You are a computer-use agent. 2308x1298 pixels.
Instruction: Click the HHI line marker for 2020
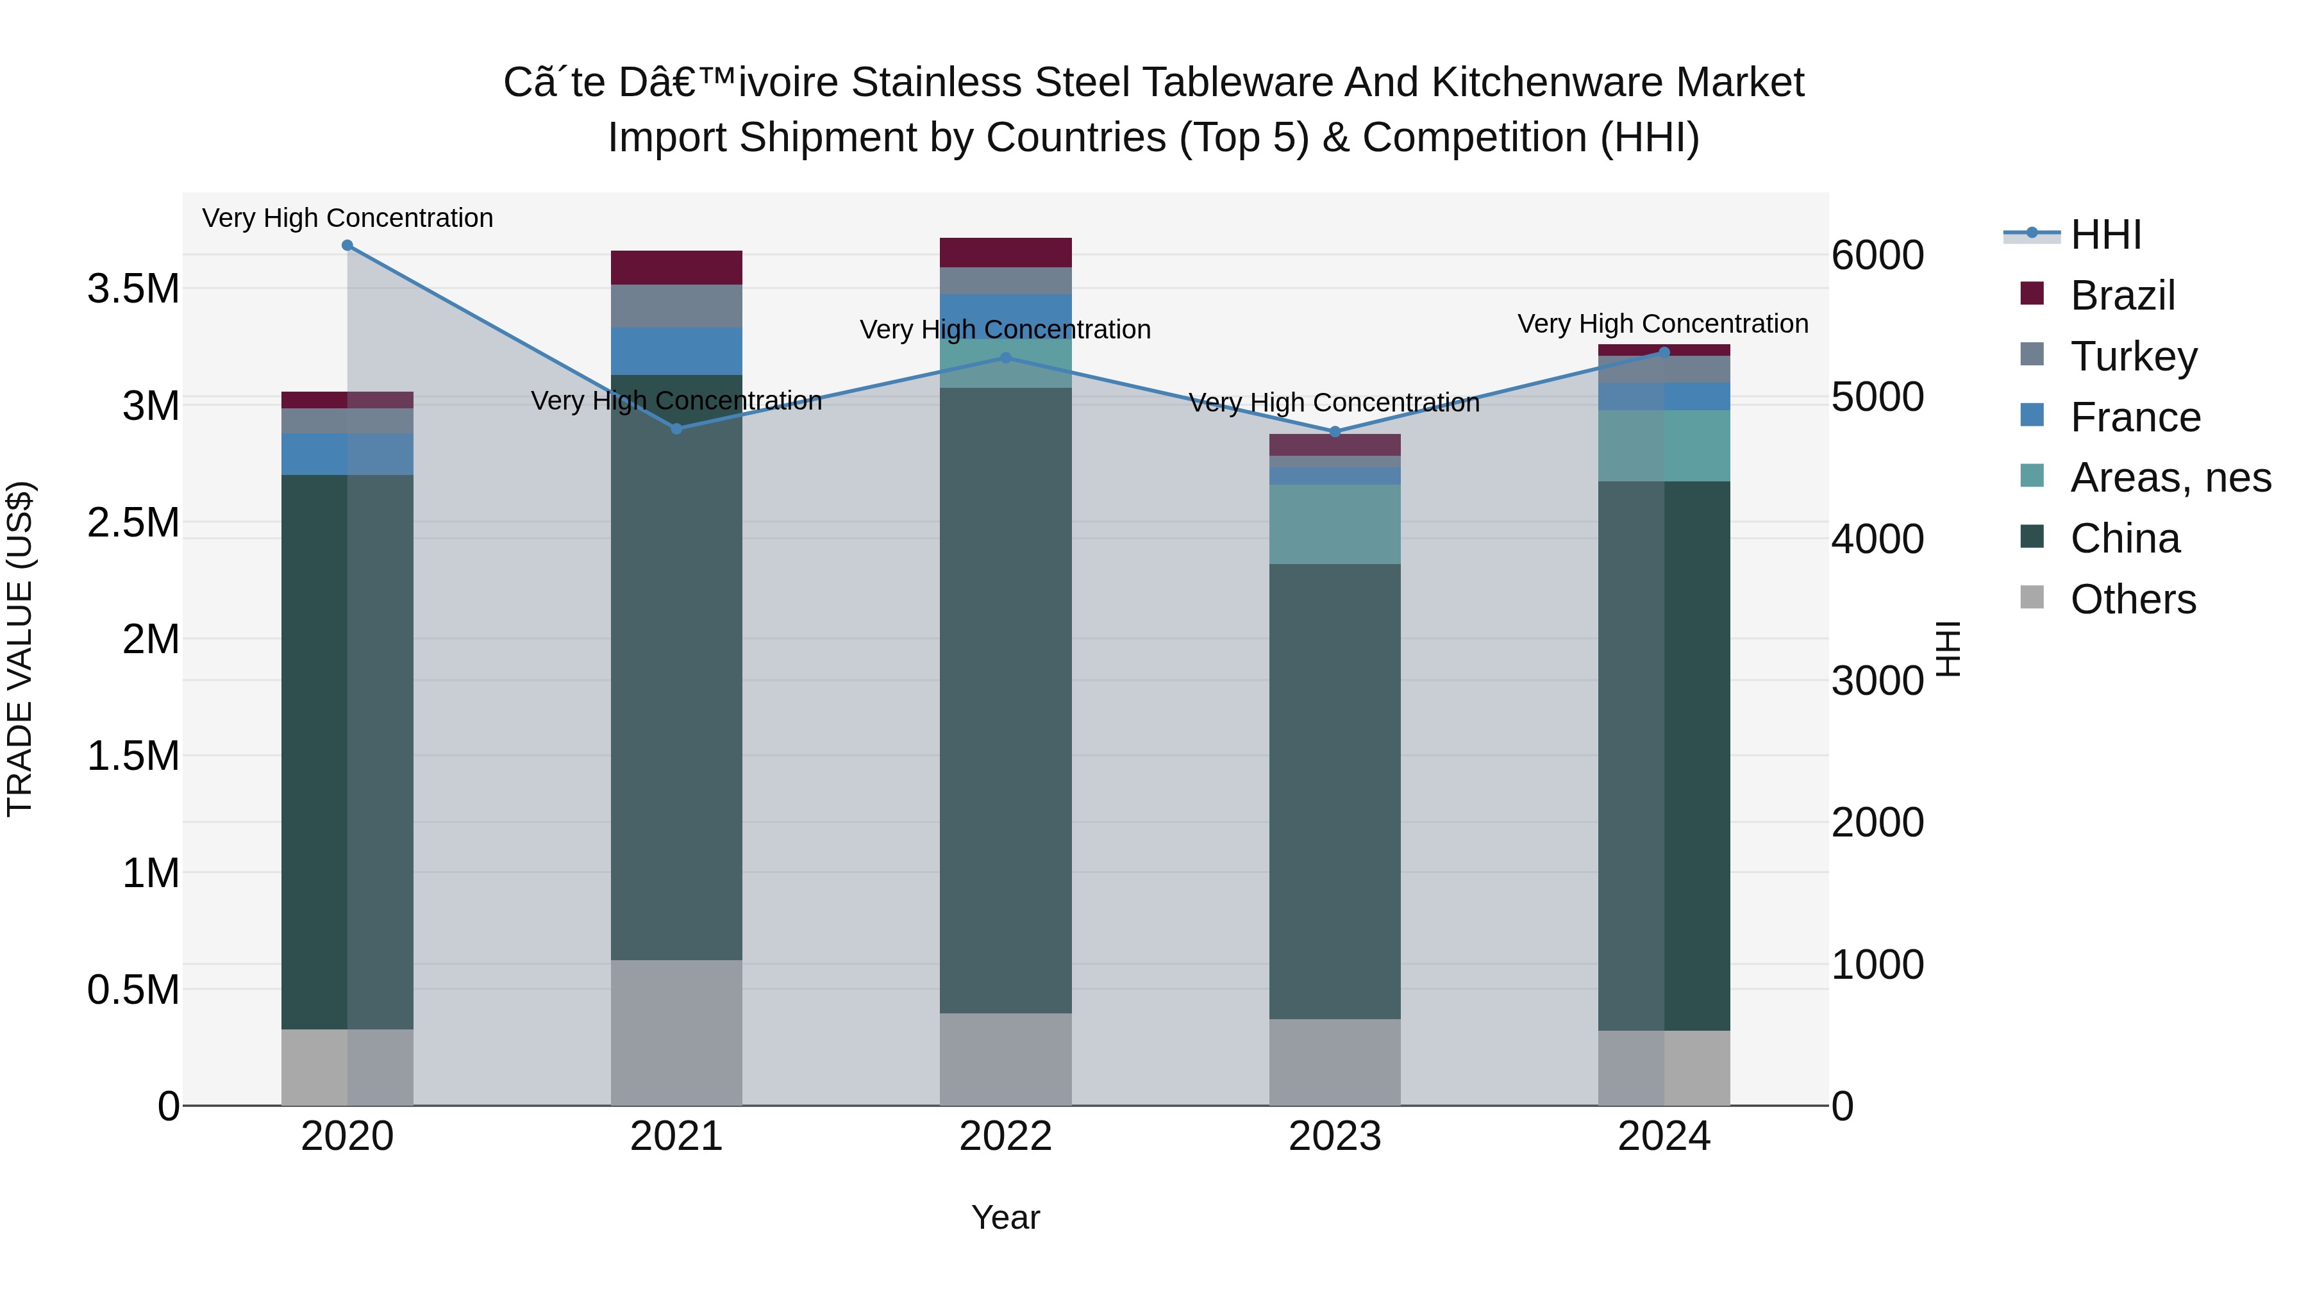point(347,245)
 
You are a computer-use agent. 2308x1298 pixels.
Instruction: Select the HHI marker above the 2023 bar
point(1335,432)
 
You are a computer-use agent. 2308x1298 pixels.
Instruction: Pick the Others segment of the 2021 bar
point(676,1032)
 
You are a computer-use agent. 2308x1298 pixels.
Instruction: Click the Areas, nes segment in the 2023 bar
point(1335,524)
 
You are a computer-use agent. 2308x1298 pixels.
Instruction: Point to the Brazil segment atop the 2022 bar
point(1005,253)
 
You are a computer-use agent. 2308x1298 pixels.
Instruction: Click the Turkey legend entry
point(2132,356)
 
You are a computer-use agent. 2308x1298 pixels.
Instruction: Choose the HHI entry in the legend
point(2105,235)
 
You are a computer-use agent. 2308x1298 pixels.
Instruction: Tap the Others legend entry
point(2132,599)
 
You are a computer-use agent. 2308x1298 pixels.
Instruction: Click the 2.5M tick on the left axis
point(133,523)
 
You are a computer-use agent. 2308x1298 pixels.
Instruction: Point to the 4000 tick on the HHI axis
point(1877,539)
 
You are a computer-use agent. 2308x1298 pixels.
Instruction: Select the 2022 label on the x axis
point(1005,1136)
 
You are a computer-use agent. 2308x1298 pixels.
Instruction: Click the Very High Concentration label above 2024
point(1663,324)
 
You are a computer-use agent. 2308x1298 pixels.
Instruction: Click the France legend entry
point(2134,417)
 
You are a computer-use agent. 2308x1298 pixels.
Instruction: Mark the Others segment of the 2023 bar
point(1335,1061)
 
